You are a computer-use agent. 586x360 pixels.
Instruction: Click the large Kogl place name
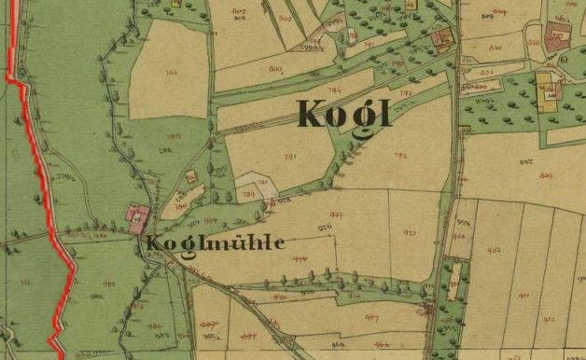344,113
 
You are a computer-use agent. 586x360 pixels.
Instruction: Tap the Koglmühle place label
214,242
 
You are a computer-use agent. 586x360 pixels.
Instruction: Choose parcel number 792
401,156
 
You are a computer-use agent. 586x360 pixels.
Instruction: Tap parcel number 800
275,68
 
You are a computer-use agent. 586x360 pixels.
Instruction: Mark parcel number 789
248,194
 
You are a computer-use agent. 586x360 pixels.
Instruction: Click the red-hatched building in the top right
558,37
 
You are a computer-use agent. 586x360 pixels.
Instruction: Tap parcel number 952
494,250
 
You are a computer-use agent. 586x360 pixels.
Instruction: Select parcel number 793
406,93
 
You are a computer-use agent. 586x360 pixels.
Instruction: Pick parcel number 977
336,215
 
